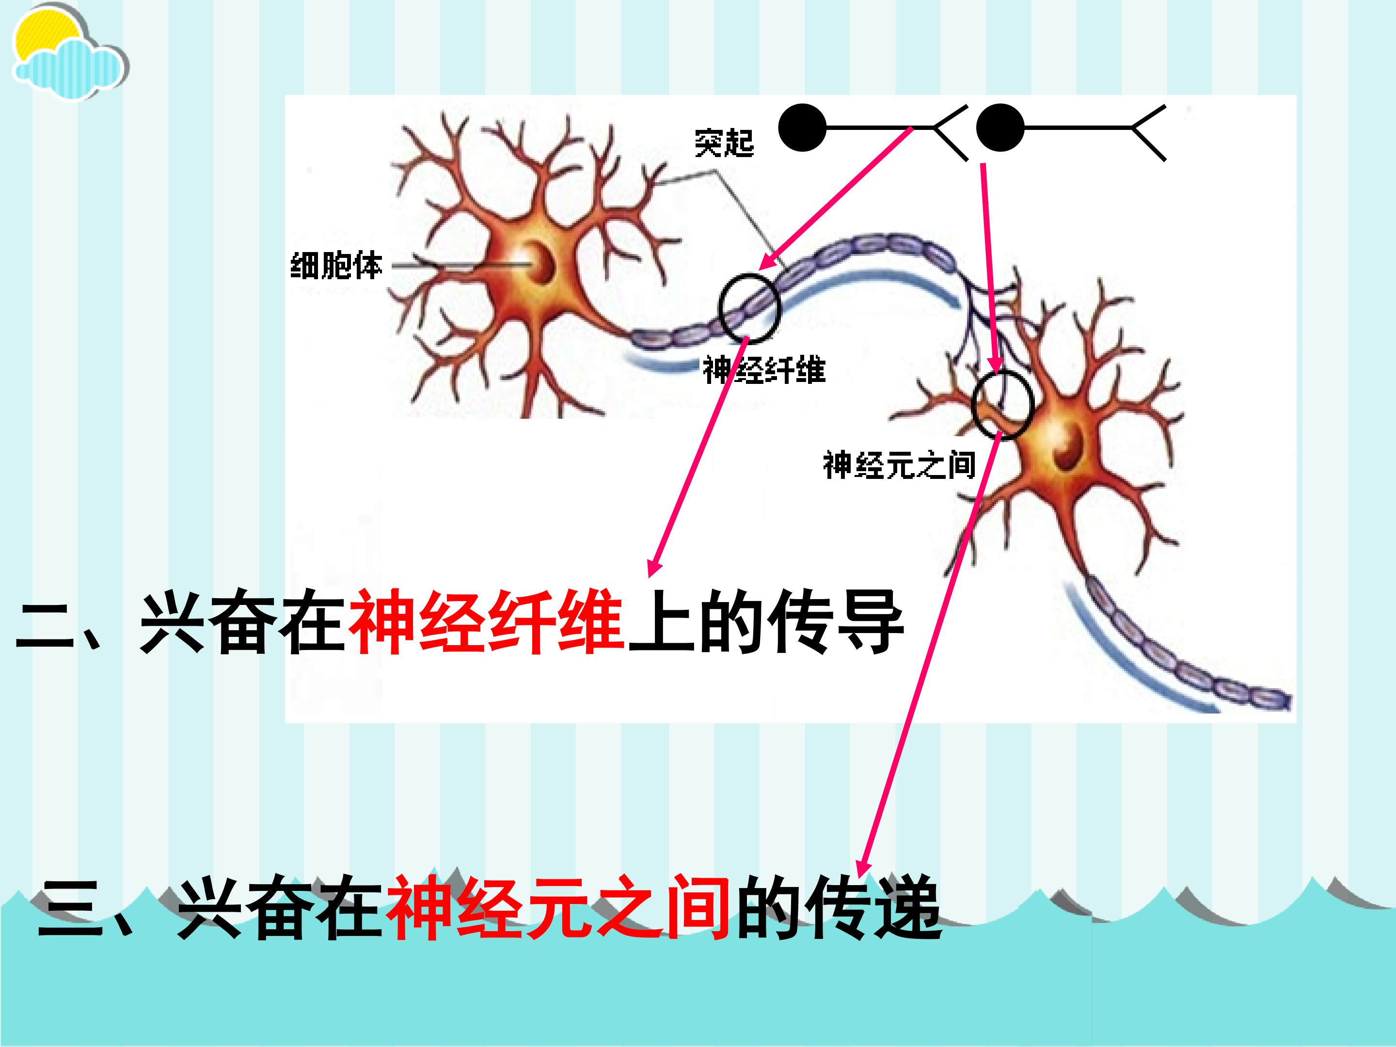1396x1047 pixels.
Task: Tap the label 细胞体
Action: [x=336, y=265]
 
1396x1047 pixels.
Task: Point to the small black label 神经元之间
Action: [x=899, y=465]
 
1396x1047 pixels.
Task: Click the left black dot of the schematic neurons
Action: [x=802, y=128]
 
